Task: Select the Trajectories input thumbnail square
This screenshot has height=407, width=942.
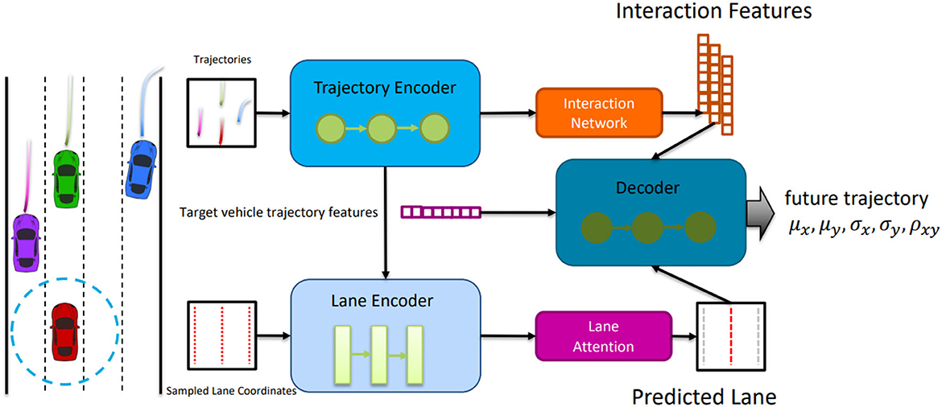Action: pos(222,112)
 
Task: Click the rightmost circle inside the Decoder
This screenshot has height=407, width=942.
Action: pos(700,226)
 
